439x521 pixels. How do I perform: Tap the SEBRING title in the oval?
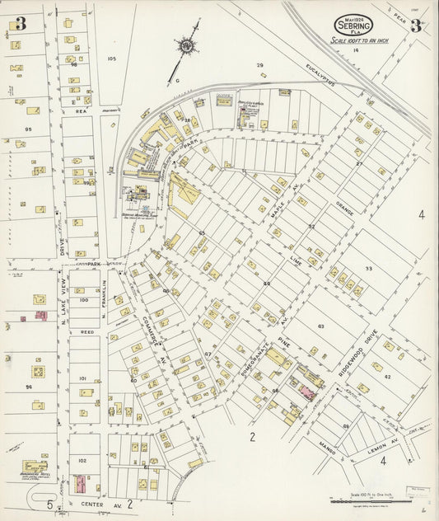(x=357, y=24)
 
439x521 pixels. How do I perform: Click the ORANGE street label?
(x=343, y=211)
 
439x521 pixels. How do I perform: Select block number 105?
(x=112, y=59)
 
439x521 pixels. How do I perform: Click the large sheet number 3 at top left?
(x=20, y=24)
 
